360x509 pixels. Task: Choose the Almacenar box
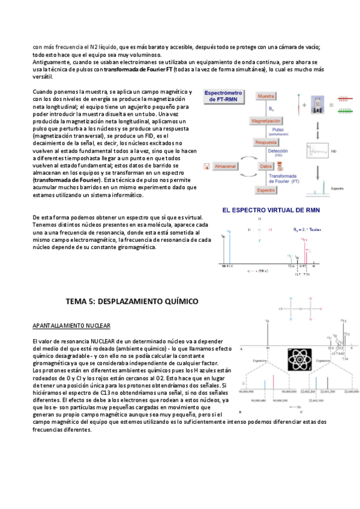point(224,165)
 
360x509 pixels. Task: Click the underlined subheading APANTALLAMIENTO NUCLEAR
point(71,325)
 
